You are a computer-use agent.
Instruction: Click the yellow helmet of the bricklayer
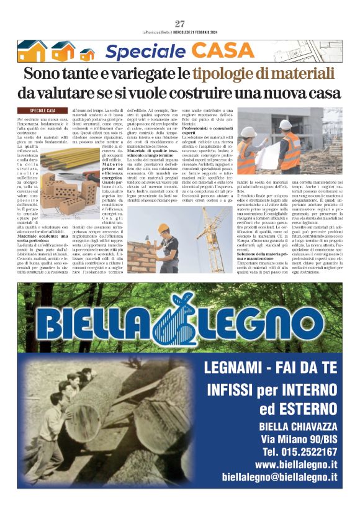tap(162, 228)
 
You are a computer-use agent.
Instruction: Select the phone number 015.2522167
tap(300, 451)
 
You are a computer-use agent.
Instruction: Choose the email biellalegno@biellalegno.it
tap(279, 477)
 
